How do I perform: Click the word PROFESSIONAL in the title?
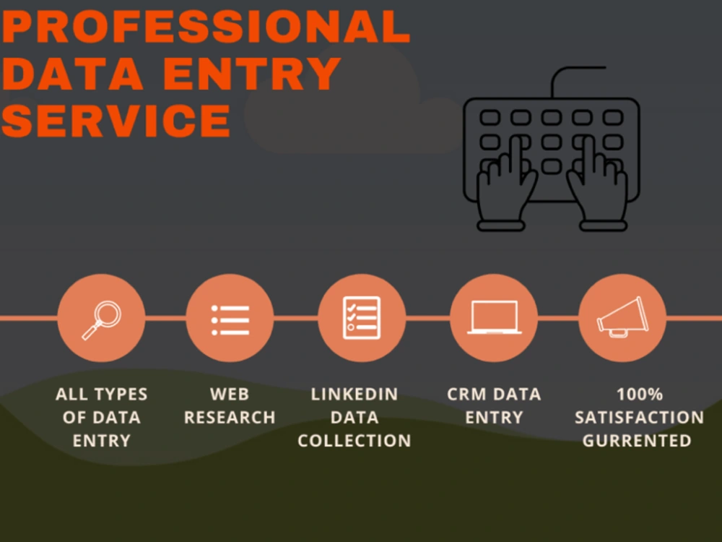coord(206,27)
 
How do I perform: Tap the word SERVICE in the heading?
coord(116,120)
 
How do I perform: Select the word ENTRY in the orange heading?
coord(252,74)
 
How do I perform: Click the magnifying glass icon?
coord(102,320)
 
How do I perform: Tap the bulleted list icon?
coord(230,320)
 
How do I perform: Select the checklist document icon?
coord(362,318)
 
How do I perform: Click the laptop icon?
coord(494,317)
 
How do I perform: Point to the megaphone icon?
coord(622,317)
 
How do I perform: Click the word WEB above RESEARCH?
coord(230,395)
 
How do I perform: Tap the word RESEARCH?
coord(230,418)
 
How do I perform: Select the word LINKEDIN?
coord(354,395)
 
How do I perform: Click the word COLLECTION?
coord(354,441)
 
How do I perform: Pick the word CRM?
coord(464,395)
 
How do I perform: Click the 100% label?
coord(640,395)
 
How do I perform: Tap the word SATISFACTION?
coord(639,418)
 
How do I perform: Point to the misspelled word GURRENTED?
coord(637,441)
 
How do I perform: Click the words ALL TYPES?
coord(101,395)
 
